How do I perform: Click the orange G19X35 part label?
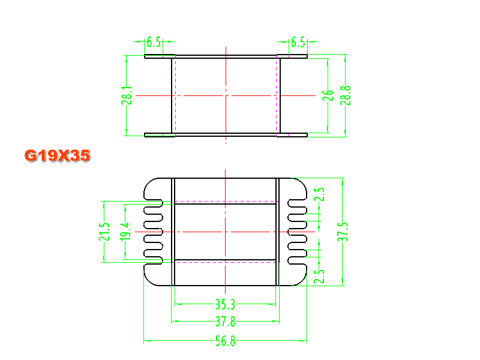57,155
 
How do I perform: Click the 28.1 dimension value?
127,95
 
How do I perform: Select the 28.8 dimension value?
346,95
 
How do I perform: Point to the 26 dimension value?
328,95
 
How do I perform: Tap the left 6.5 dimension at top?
154,42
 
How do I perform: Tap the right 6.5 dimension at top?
298,42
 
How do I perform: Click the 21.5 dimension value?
104,232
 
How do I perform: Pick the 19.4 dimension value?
125,232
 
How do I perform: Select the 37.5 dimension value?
343,232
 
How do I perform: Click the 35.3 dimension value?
226,305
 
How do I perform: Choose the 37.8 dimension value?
226,322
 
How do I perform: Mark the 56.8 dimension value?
226,341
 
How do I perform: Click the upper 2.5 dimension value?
319,194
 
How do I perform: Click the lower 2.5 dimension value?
319,276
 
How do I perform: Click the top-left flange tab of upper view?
160,56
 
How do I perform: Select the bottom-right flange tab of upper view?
292,135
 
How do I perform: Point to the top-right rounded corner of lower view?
302,183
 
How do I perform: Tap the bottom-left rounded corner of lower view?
149,281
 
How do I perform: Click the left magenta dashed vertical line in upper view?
175,95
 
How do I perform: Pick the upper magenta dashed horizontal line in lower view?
226,202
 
